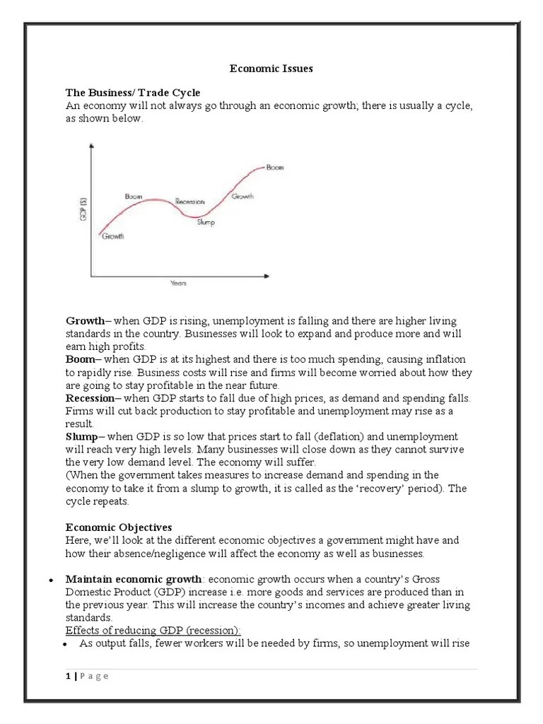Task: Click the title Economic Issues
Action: tap(271, 69)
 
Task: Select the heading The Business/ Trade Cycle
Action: tap(133, 93)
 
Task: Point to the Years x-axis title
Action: tap(178, 284)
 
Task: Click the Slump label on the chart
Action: tap(206, 223)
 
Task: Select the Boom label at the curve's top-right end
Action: tap(274, 168)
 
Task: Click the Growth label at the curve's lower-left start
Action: tap(113, 236)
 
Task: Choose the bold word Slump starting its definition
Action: tap(82, 436)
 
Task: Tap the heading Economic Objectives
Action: tap(119, 527)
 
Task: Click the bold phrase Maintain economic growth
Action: tap(134, 579)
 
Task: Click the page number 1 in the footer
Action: tap(68, 676)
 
